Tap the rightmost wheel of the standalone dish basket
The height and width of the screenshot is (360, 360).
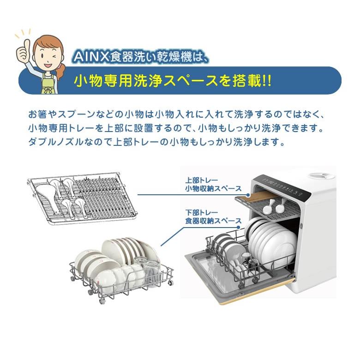click(171, 282)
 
